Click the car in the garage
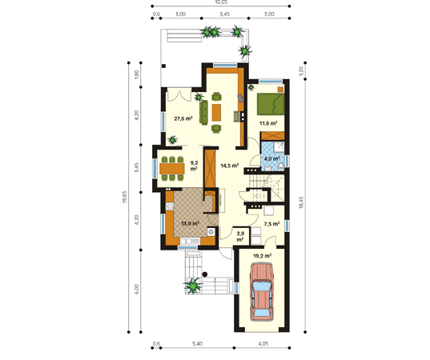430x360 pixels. point(262,292)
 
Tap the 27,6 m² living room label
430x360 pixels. point(183,118)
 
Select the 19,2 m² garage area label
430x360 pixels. point(262,256)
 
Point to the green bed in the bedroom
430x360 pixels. point(271,104)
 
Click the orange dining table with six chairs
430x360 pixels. point(172,169)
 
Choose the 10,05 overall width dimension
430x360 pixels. point(221,2)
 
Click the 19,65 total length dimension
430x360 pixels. point(124,197)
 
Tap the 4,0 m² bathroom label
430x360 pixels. point(271,158)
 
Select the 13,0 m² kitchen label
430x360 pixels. point(190,223)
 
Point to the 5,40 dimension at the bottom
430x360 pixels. point(197,343)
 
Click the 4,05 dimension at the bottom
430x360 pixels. point(263,343)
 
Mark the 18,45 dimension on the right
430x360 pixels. point(301,202)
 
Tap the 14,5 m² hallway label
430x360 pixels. point(230,166)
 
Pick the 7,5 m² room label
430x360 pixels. point(271,224)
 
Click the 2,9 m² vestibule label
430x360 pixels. point(240,237)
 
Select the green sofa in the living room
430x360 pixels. point(203,112)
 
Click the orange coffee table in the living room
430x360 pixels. point(216,112)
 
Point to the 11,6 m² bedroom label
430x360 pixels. point(268,123)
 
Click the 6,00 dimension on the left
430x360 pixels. point(137,289)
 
